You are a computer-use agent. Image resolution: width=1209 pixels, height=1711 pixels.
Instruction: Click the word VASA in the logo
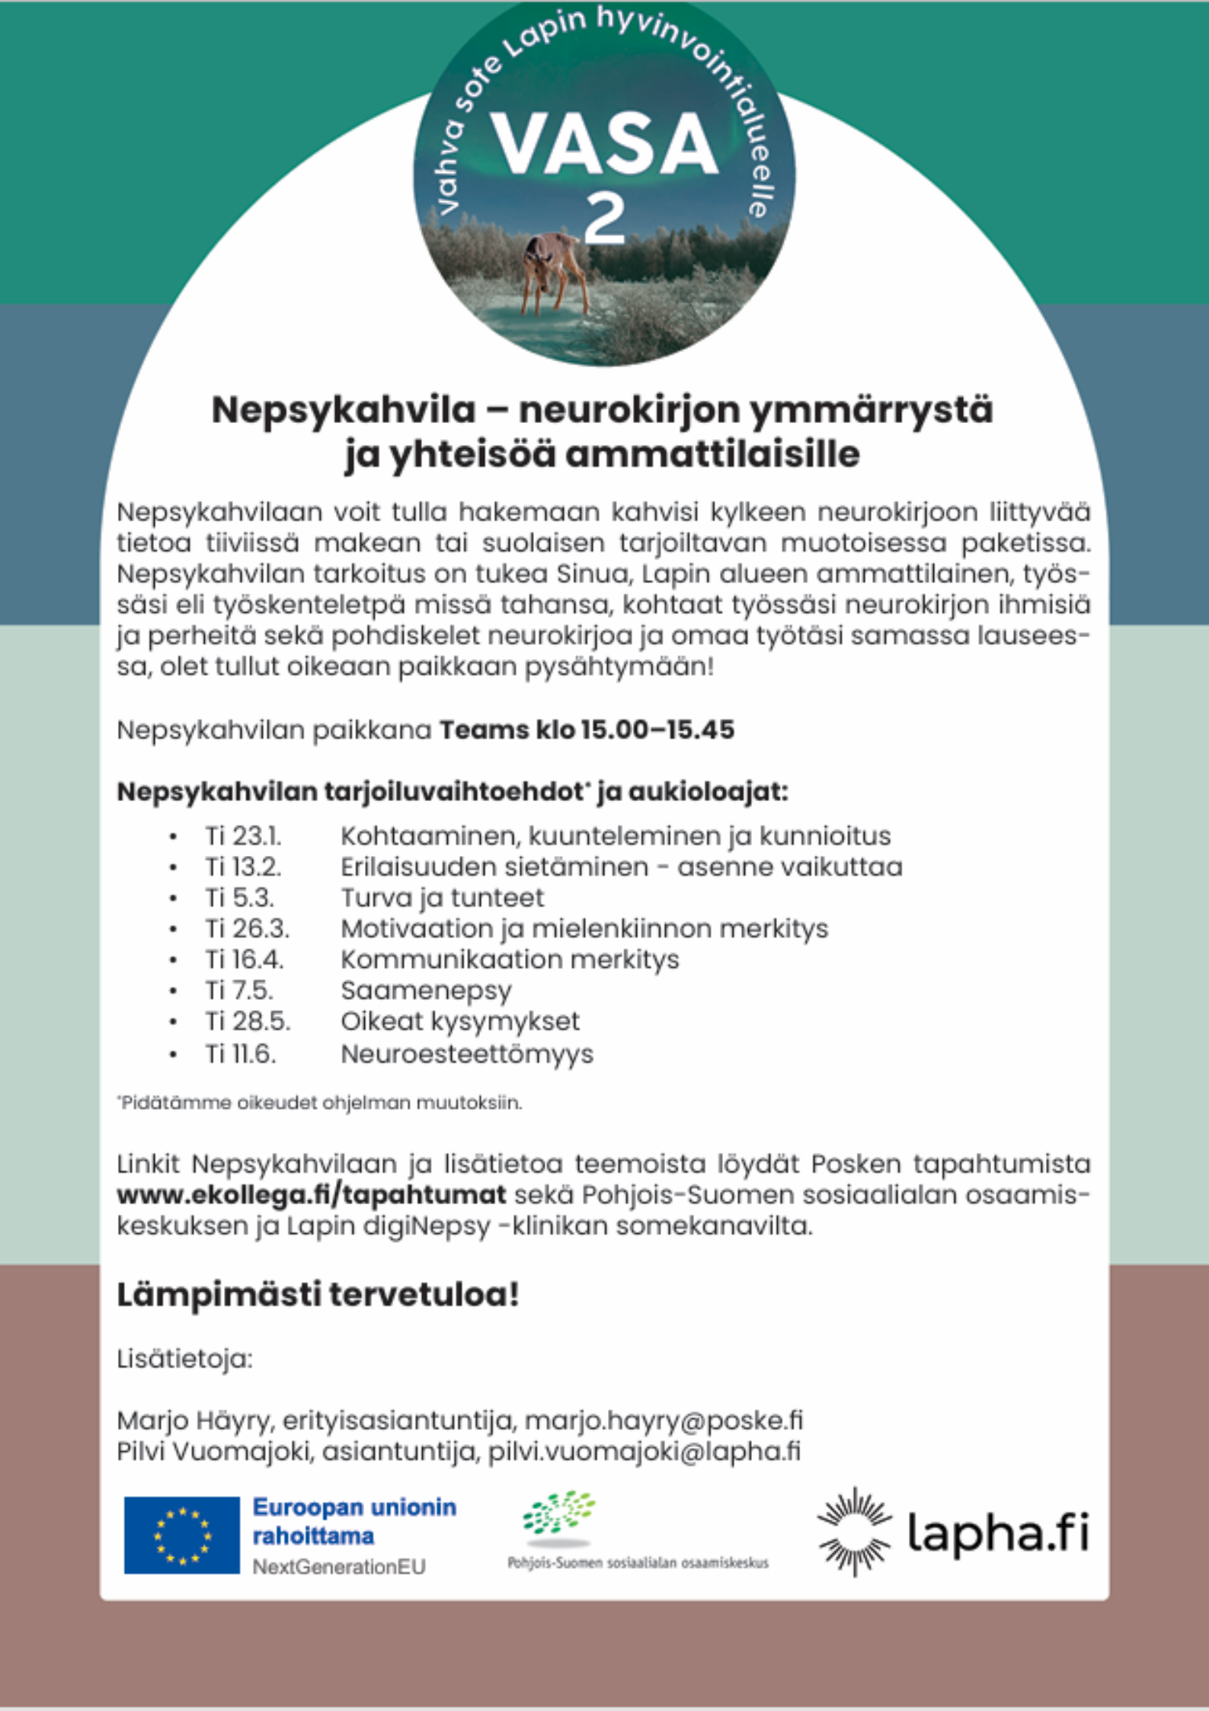coord(604,143)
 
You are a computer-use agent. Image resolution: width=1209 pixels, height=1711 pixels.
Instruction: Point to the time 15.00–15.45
coord(657,729)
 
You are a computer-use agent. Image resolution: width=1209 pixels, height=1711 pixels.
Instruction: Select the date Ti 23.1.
coord(243,836)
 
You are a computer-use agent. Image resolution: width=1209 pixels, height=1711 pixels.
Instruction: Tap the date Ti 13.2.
coord(243,867)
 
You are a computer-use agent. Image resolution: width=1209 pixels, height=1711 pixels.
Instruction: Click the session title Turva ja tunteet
coord(442,898)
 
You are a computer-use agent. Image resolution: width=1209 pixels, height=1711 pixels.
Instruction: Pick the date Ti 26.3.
coord(247,928)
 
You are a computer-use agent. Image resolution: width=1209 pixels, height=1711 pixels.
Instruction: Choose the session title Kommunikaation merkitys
coord(509,959)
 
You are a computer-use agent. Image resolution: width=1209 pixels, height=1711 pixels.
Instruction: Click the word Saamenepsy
coord(426,990)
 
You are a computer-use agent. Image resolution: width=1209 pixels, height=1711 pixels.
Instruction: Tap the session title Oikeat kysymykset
coord(459,1021)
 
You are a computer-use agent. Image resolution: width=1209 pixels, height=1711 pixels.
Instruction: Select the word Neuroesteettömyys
coord(466,1054)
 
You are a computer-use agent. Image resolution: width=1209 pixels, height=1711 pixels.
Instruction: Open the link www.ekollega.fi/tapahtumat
coord(311,1194)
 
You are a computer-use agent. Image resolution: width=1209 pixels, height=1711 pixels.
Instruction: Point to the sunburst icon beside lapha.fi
coord(854,1532)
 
